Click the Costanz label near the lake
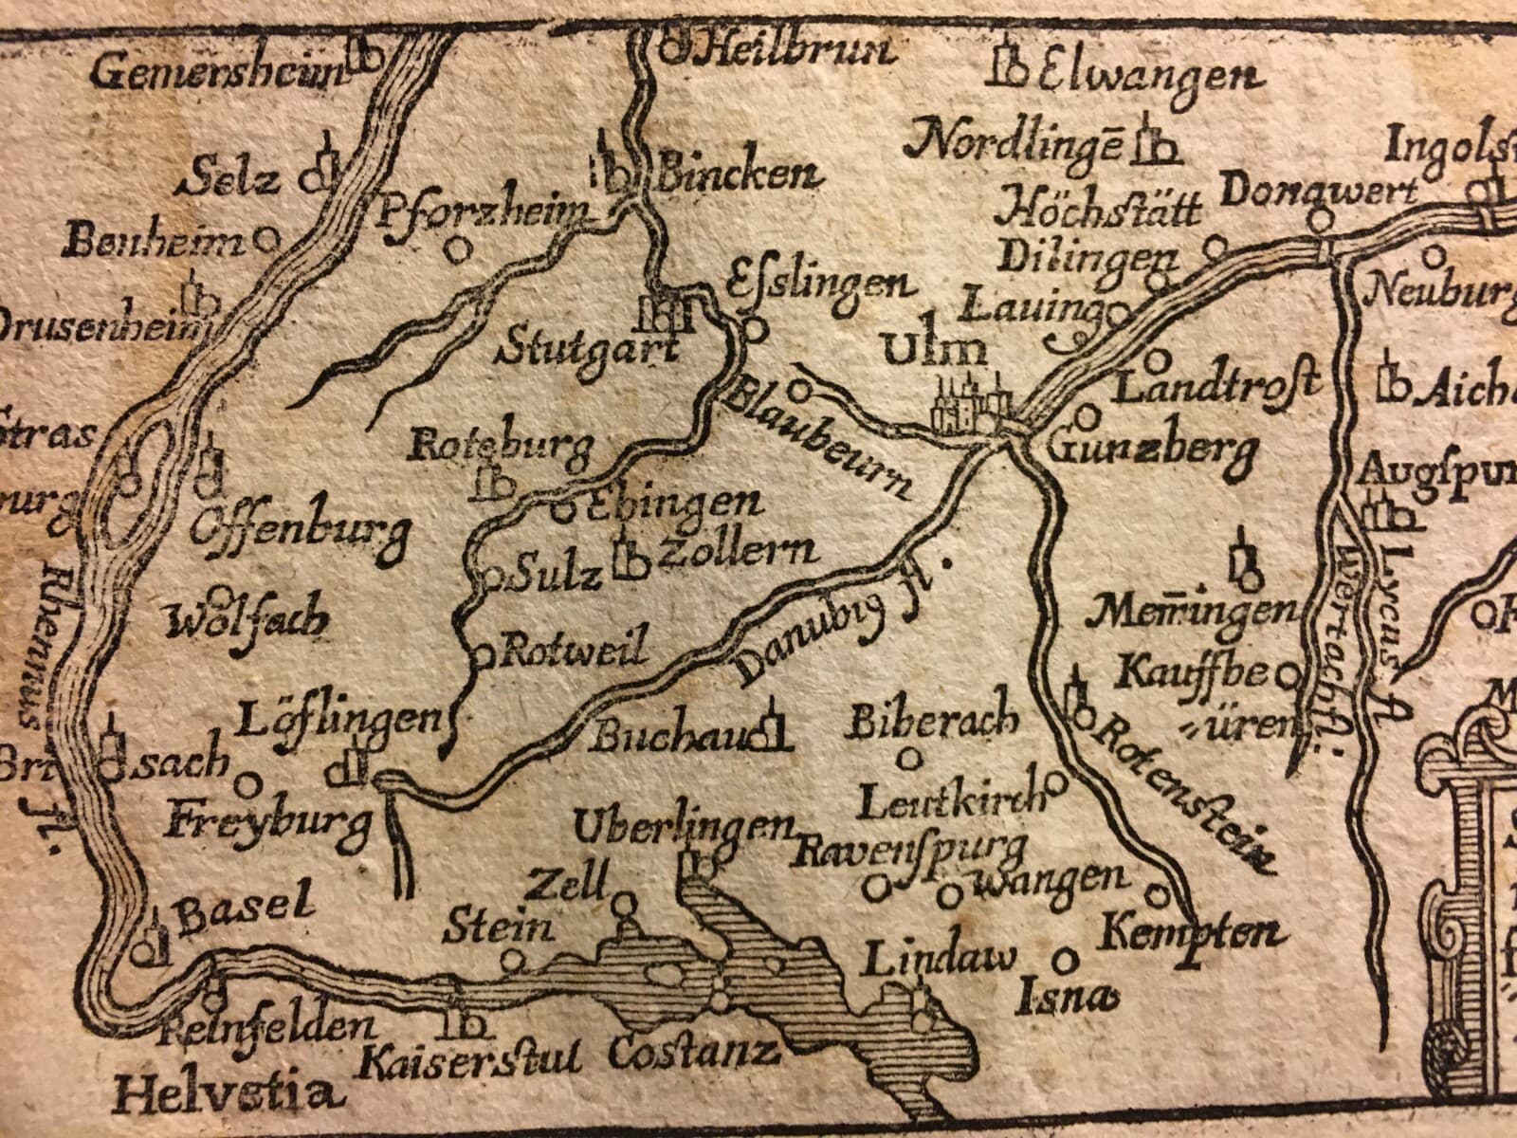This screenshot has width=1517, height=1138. [x=694, y=1050]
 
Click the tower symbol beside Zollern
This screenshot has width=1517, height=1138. [x=628, y=559]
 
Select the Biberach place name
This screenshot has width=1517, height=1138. [x=934, y=721]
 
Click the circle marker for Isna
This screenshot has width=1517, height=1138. [x=1068, y=958]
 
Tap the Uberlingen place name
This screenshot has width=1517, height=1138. [x=683, y=825]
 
